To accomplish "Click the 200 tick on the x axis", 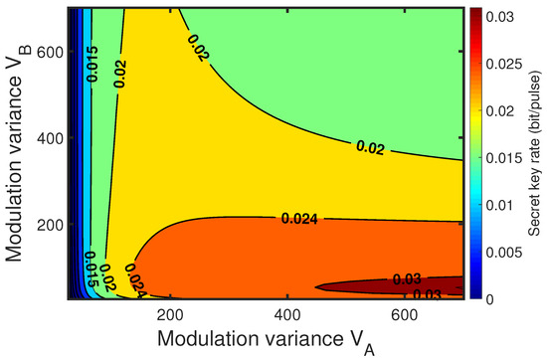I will coord(170,309).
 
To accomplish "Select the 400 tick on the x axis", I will coord(286,309).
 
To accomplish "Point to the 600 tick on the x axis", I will coord(403,309).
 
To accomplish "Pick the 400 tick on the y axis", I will coord(52,136).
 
